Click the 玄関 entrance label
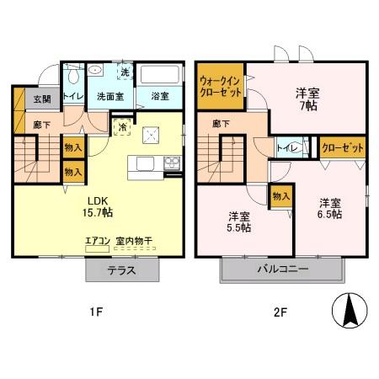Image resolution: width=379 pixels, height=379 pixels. pos(42,99)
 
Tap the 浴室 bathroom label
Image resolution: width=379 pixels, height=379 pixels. pos(158,97)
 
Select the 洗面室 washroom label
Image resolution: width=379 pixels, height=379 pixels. pos(109,97)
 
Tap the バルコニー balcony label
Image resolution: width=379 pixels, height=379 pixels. pos(283,270)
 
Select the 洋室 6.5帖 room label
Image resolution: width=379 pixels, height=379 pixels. pos(330,208)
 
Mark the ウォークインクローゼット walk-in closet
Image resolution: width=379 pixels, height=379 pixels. pos(219,86)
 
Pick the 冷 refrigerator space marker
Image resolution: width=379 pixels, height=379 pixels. pos(123,128)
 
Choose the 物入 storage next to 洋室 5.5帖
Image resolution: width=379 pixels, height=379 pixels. pos(281,196)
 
